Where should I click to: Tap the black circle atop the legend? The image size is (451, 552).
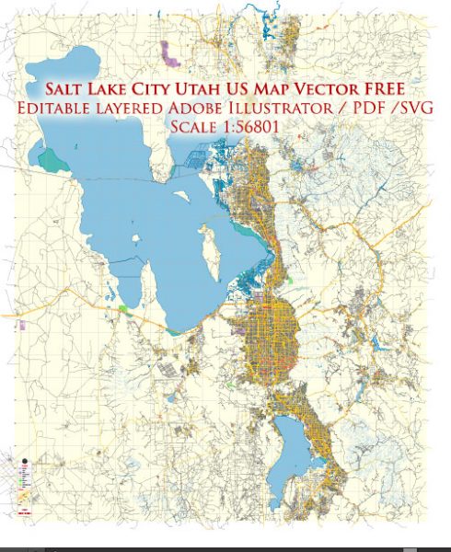click(21, 457)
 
